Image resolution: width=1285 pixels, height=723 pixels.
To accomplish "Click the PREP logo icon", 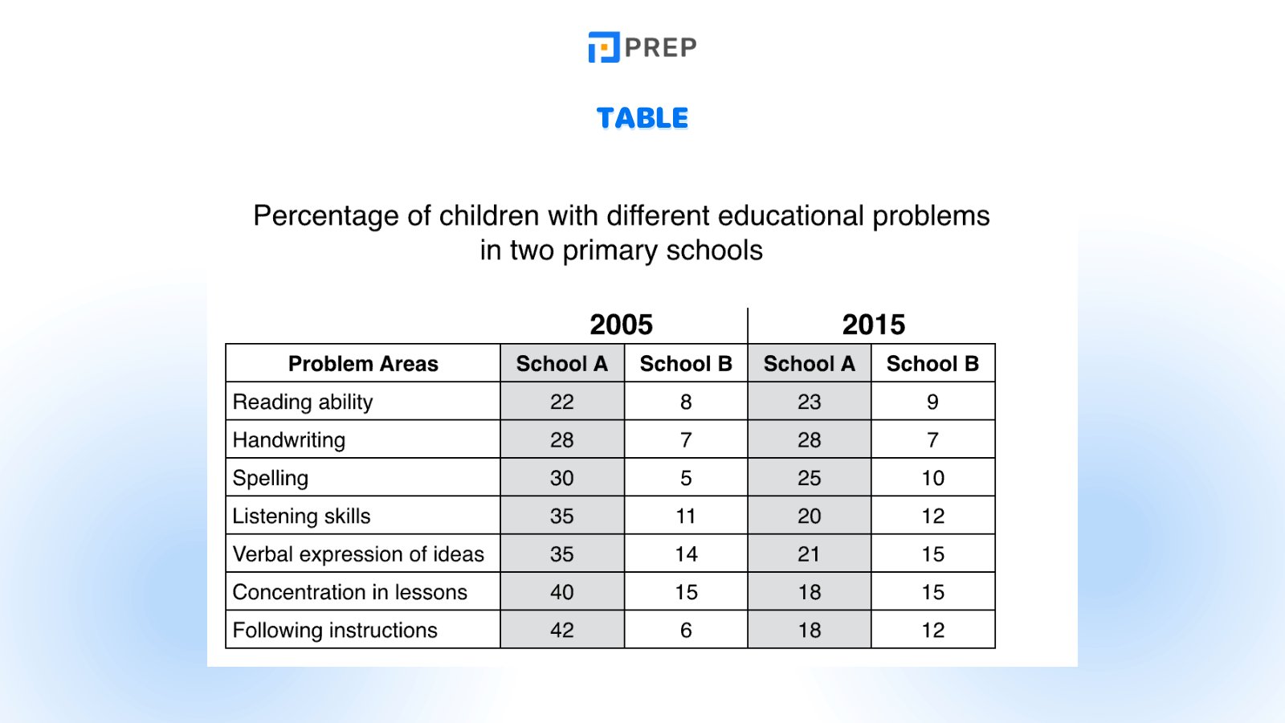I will click(604, 47).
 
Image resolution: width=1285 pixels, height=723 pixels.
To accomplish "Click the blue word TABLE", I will click(642, 118).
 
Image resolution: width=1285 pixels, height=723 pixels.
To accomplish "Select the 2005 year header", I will click(622, 325).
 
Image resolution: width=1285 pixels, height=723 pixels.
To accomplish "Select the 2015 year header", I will click(874, 325).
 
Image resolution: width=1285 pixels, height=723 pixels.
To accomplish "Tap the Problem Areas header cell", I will click(363, 364).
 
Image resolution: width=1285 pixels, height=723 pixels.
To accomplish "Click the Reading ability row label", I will click(303, 402).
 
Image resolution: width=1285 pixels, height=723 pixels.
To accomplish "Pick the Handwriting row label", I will click(289, 440).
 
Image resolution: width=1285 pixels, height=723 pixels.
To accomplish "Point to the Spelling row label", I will click(271, 478).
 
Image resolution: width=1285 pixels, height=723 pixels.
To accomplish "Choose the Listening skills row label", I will click(302, 516).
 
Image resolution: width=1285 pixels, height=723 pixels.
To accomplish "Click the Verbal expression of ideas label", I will click(358, 554).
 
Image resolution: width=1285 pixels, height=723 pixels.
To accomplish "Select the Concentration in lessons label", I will click(350, 592).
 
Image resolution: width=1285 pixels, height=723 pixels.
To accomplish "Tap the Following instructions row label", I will click(335, 631).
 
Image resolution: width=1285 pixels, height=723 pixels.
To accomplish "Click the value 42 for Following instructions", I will click(562, 631).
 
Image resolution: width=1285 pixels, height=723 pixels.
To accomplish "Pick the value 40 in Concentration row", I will click(562, 592).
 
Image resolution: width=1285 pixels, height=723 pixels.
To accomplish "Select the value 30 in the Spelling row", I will click(562, 478).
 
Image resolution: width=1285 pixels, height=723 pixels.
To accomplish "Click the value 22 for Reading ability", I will click(562, 402).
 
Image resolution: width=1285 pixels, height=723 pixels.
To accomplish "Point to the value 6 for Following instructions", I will click(686, 631).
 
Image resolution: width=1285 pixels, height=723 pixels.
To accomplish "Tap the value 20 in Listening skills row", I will click(810, 516).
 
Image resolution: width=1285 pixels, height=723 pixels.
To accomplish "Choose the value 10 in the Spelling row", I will click(933, 478).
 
